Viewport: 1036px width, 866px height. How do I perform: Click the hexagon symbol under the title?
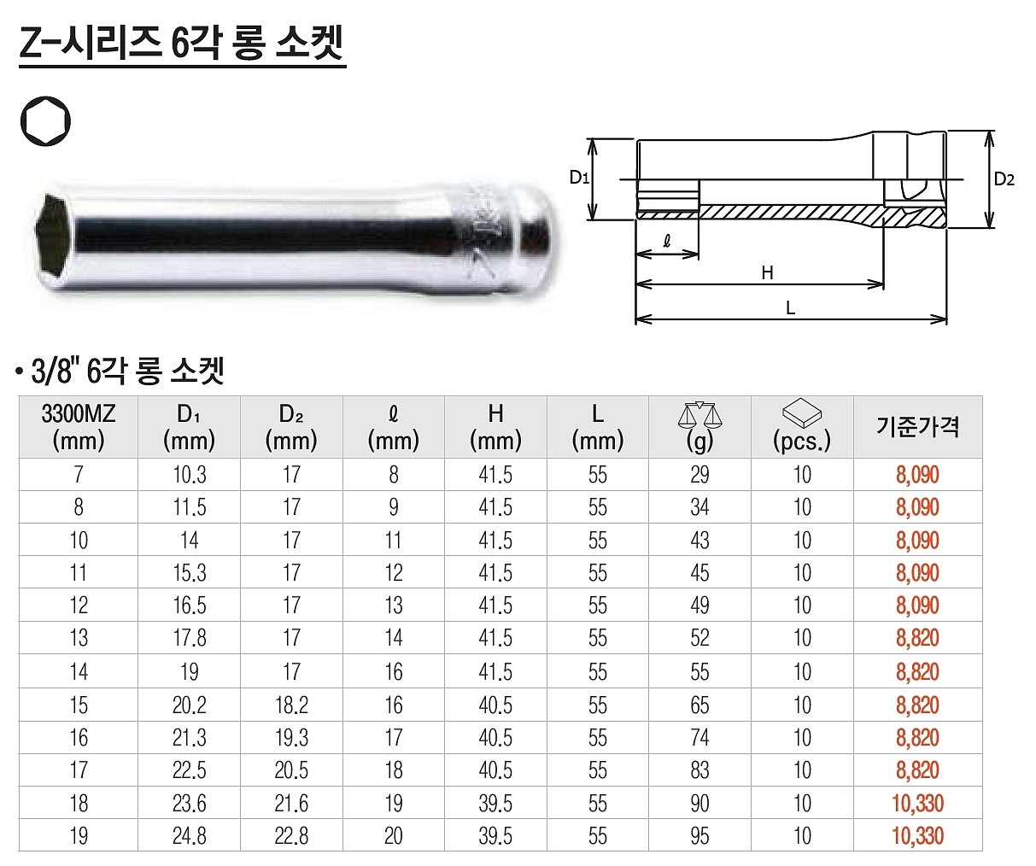tap(46, 123)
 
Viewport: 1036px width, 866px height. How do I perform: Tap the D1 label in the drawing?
tap(580, 178)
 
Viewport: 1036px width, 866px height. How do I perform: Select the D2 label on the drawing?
tap(1004, 179)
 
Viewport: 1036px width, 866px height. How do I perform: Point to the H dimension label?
tap(767, 272)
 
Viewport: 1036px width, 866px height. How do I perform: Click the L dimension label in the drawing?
tap(790, 309)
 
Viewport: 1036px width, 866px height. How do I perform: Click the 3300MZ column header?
tap(78, 427)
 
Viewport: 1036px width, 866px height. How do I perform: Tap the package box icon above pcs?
tap(801, 414)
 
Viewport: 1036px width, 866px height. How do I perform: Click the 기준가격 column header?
tap(917, 426)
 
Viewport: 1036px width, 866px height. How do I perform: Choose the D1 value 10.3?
tap(190, 475)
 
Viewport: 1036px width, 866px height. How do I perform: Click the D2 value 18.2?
tap(291, 705)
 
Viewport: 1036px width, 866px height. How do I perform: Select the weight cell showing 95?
tap(699, 835)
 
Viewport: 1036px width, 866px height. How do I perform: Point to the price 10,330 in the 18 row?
tap(917, 803)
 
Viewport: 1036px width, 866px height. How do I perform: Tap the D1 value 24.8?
tap(190, 835)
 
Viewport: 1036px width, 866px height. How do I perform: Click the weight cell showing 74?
tap(699, 738)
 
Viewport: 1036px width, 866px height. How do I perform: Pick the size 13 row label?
tap(78, 639)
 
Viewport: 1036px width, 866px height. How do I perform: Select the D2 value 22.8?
tap(291, 835)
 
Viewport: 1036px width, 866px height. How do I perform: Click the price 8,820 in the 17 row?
tap(917, 770)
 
